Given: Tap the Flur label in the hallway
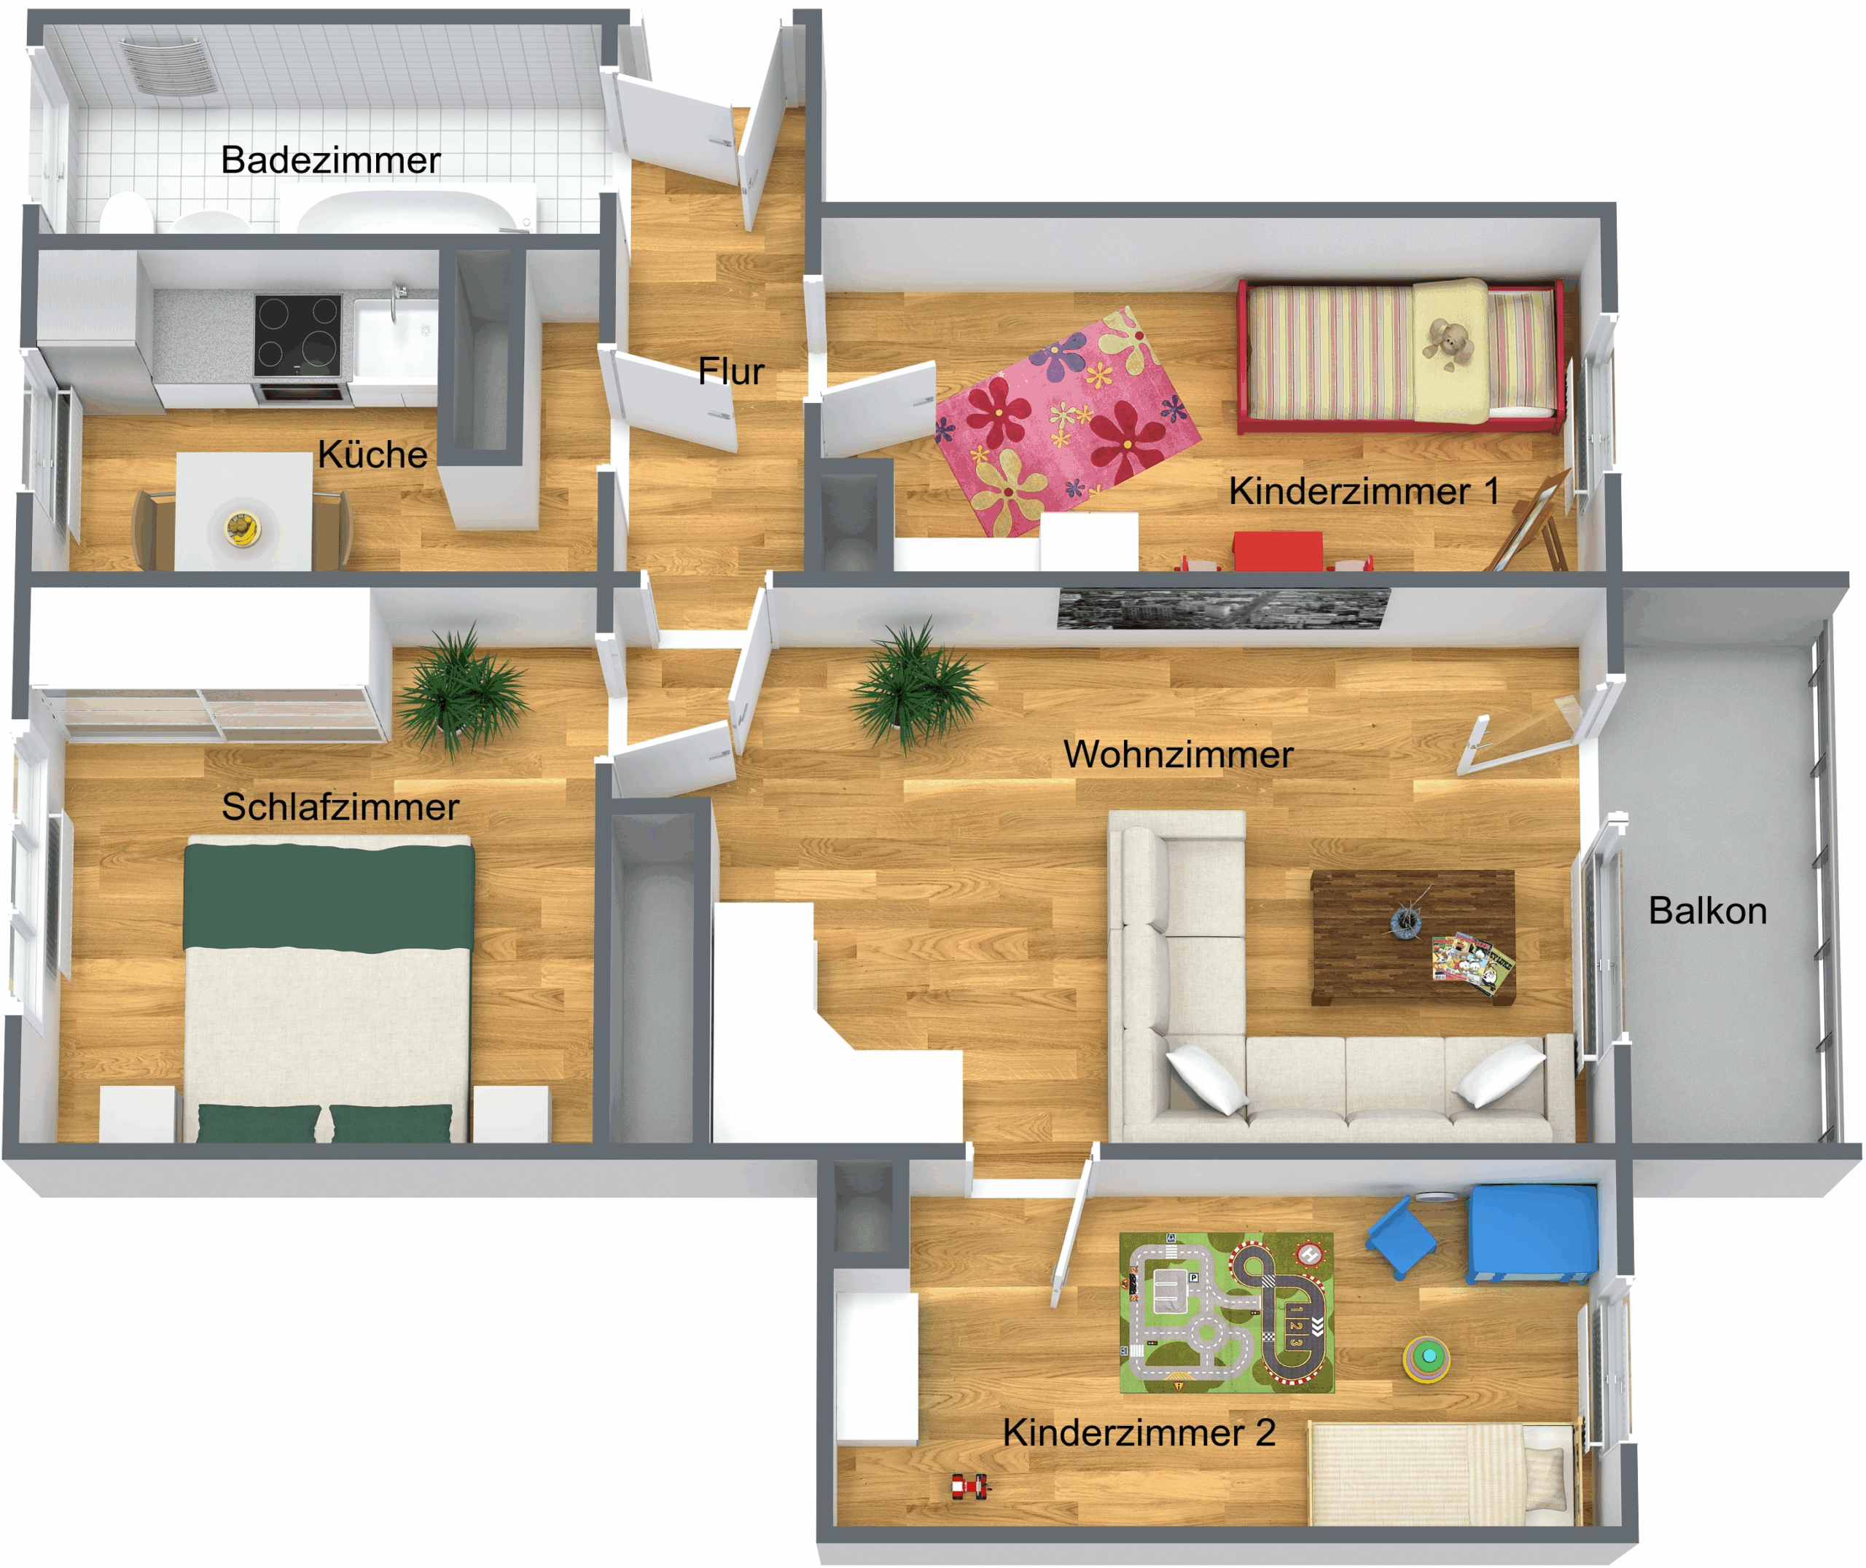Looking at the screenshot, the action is (731, 371).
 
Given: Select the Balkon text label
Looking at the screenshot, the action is (1708, 911).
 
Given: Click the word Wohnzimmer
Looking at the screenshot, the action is (1178, 755).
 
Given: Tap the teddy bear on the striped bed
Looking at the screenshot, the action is (1448, 343).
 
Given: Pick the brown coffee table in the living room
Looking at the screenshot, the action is (1413, 937).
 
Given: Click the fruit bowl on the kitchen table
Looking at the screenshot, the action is (243, 529).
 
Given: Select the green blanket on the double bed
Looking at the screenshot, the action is (329, 898).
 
